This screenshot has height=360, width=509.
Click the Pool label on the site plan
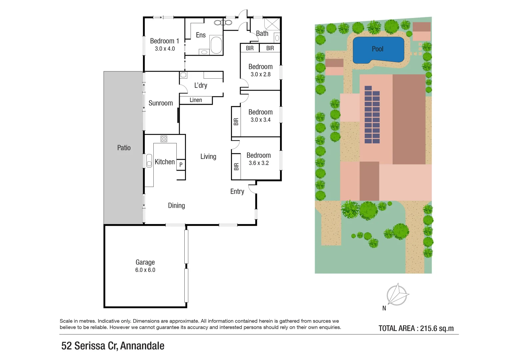pos(377,49)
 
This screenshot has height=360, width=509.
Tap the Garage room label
pos(145,262)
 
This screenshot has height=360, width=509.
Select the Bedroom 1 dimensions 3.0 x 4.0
pos(165,49)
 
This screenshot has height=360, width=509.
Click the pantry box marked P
pos(181,164)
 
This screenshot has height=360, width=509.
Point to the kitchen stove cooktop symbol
pos(164,139)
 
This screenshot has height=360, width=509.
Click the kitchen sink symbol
pos(149,161)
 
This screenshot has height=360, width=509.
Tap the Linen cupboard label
pos(196,100)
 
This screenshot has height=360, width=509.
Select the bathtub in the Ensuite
pos(216,45)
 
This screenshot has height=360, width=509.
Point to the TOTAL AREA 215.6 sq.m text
pos(416,328)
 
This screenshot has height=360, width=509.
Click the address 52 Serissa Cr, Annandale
pos(113,346)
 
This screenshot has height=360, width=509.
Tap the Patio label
pos(124,148)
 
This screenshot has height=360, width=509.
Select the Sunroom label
pos(161,103)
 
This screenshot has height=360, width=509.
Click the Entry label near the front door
pos(237,191)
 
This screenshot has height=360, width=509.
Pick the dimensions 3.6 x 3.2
pos(259,163)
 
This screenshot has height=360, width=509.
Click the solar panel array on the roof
pos(372,115)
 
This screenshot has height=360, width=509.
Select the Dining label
pos(176,206)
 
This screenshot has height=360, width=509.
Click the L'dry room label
pos(201,85)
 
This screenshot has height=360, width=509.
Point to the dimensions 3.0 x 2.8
pos(260,74)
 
